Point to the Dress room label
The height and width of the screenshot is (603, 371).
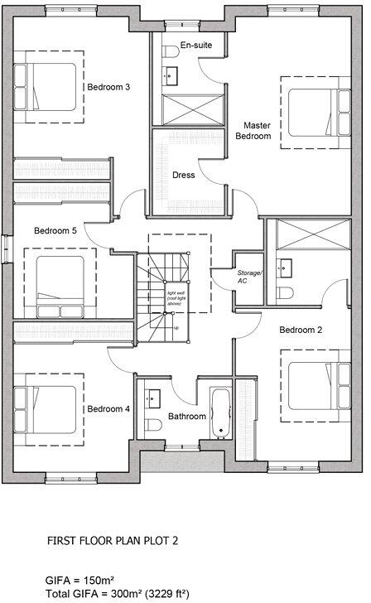point(183,175)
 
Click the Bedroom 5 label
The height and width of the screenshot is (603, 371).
point(55,231)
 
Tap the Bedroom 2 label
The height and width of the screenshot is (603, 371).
point(300,330)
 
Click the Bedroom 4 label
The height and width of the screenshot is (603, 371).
point(108,408)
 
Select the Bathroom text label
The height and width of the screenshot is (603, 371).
point(186,417)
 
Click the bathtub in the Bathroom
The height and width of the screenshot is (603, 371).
point(220,412)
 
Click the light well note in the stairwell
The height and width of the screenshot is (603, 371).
point(176,299)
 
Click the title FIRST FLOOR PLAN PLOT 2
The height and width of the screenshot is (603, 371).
point(112,541)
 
